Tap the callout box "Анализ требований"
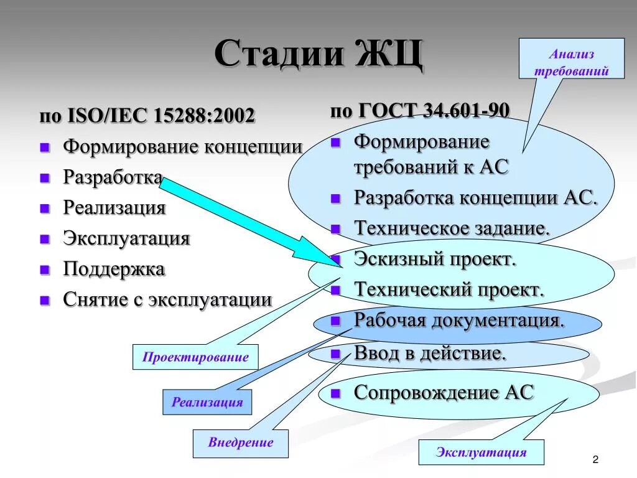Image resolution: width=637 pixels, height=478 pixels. [x=571, y=63]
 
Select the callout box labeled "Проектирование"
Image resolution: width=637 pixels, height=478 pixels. [x=195, y=357]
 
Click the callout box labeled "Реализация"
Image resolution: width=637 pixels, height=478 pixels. [x=207, y=402]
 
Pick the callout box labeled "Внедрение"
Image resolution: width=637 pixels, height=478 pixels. [x=241, y=443]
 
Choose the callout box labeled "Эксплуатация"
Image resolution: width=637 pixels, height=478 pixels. [x=481, y=452]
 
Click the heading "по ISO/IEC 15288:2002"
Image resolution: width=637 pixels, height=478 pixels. [x=147, y=116]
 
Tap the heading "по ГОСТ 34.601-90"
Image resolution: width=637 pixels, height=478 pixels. [x=420, y=111]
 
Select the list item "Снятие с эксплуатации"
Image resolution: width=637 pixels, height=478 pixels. [x=167, y=299]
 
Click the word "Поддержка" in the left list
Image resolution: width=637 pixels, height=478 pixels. [x=114, y=269]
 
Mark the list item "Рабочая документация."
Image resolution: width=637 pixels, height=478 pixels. [x=459, y=321]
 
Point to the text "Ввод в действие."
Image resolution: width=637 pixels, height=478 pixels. [x=430, y=354]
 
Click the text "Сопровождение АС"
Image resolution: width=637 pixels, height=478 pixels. [x=444, y=392]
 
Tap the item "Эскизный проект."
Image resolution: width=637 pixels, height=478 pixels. [x=435, y=258]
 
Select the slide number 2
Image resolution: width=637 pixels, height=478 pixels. [x=595, y=459]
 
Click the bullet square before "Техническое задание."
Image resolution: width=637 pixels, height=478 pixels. [x=336, y=228]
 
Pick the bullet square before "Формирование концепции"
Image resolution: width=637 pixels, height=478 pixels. [x=45, y=148]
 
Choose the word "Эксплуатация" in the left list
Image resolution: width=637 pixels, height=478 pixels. [x=126, y=238]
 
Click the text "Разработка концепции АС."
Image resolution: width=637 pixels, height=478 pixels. [x=476, y=198]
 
